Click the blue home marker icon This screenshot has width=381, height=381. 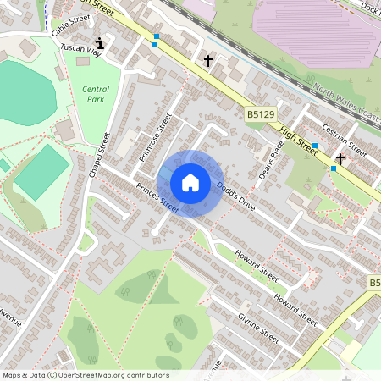[x=190, y=183]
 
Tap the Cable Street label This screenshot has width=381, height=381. [x=70, y=27]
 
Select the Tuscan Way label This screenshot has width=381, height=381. [x=80, y=52]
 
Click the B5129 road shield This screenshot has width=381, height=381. [x=262, y=113]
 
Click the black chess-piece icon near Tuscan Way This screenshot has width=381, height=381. [x=101, y=42]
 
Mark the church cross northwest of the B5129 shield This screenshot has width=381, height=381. [x=208, y=60]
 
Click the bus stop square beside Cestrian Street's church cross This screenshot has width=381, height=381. [x=334, y=168]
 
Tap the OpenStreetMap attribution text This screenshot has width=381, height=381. [x=86, y=375]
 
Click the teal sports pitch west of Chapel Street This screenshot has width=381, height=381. [x=40, y=173]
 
